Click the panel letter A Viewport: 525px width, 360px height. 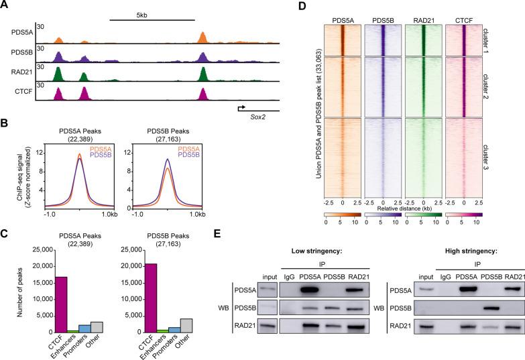(x=5, y=5)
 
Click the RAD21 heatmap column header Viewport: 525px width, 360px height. (x=424, y=10)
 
